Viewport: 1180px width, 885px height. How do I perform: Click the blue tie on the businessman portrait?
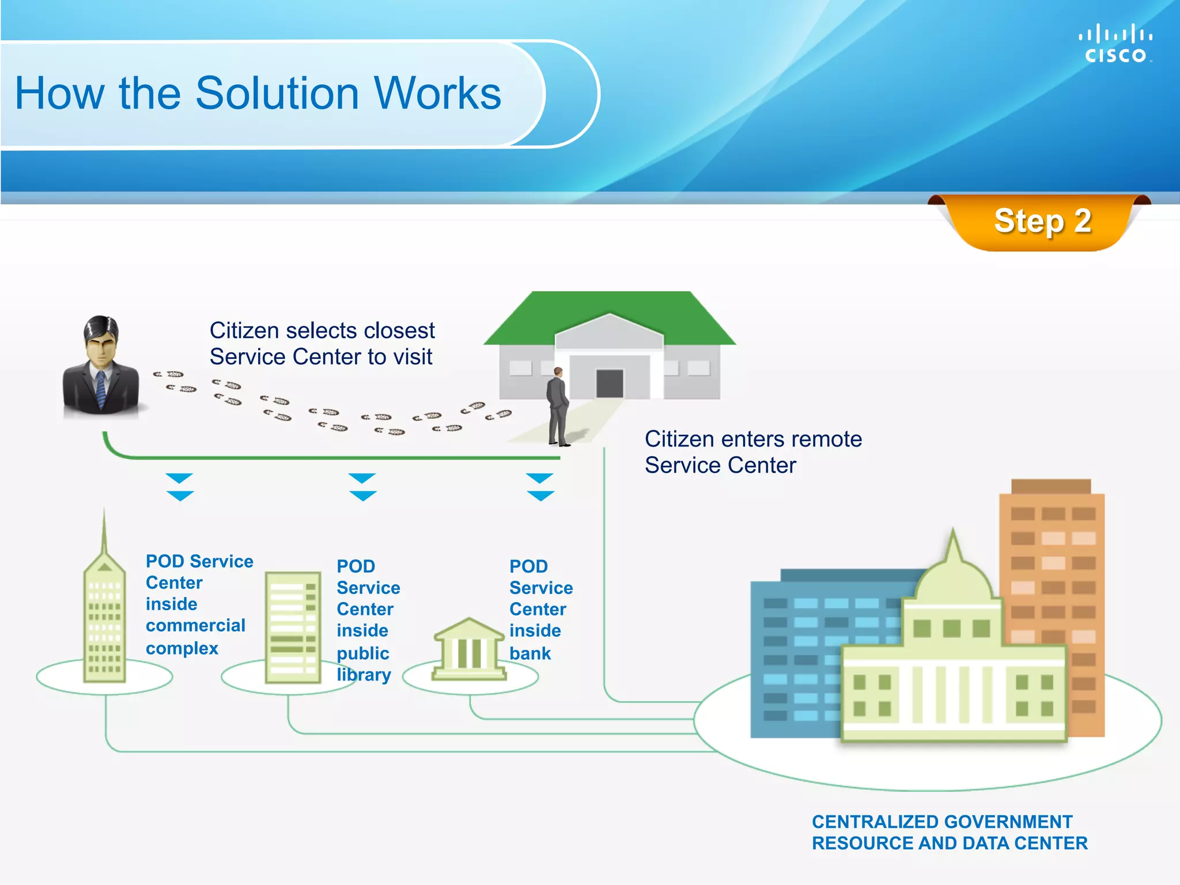(101, 389)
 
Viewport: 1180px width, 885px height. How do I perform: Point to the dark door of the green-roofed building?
(610, 383)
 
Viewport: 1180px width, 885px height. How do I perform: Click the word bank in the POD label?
(530, 653)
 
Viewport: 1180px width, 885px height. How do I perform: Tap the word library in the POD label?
(364, 675)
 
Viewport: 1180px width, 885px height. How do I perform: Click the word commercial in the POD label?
(195, 625)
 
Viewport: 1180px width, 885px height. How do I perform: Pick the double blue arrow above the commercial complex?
(180, 487)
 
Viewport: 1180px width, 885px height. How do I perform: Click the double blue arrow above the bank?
(540, 487)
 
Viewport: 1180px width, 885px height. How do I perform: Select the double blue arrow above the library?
(362, 487)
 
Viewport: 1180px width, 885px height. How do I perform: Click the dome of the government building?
(954, 576)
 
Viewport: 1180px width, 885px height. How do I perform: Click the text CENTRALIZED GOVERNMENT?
(942, 822)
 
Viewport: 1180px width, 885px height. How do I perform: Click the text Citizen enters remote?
(753, 439)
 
